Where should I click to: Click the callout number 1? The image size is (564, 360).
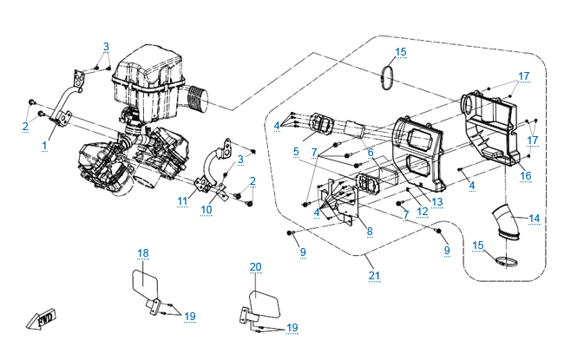(x=43, y=146)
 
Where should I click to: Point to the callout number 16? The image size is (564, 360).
(x=525, y=175)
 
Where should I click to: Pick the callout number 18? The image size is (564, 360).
(x=143, y=252)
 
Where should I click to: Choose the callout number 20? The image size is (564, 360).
(x=255, y=266)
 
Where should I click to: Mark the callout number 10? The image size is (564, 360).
(x=207, y=209)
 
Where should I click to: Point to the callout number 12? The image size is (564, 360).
(x=421, y=211)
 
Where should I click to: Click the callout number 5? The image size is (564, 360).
(x=296, y=151)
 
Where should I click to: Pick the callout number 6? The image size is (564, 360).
(x=369, y=151)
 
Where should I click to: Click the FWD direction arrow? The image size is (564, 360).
(x=42, y=319)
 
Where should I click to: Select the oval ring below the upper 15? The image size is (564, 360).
(x=388, y=77)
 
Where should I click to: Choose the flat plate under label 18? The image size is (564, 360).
(x=142, y=284)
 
